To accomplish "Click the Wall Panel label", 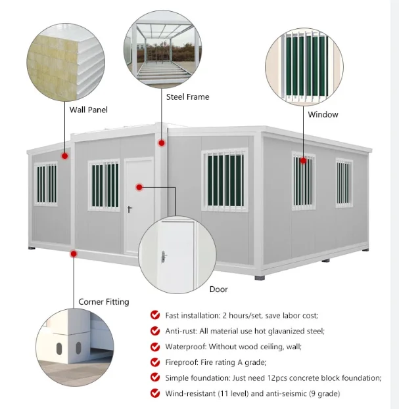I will [x=88, y=110].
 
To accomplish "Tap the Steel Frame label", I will [x=187, y=97].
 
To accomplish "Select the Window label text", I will [x=323, y=114].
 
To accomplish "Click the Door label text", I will [x=219, y=289].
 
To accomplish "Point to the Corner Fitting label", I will [x=104, y=302].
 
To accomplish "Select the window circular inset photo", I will [x=304, y=69].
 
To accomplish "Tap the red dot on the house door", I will [x=139, y=187].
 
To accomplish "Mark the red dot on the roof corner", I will [x=160, y=142].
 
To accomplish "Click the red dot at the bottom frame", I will [x=74, y=253].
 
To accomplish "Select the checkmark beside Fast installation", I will [x=155, y=314].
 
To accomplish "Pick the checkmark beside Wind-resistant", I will [x=155, y=393].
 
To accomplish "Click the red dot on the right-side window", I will [x=304, y=160].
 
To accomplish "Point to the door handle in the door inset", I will [x=164, y=255].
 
